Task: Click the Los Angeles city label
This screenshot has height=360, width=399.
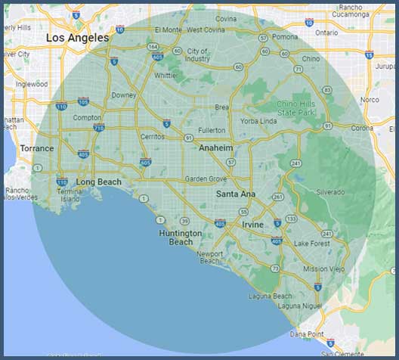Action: (77, 37)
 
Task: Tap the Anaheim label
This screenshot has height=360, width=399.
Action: (215, 148)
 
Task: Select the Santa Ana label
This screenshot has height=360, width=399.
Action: (236, 194)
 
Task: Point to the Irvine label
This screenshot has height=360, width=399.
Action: (253, 225)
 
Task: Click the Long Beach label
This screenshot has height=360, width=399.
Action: (98, 182)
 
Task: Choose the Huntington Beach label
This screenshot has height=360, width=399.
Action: (181, 237)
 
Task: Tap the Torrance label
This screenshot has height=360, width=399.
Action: (37, 148)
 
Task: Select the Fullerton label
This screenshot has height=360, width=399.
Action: (212, 131)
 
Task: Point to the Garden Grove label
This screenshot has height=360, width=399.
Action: (206, 179)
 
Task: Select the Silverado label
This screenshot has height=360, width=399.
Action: (331, 192)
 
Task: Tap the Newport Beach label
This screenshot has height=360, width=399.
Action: (210, 257)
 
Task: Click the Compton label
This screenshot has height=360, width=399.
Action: (87, 117)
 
